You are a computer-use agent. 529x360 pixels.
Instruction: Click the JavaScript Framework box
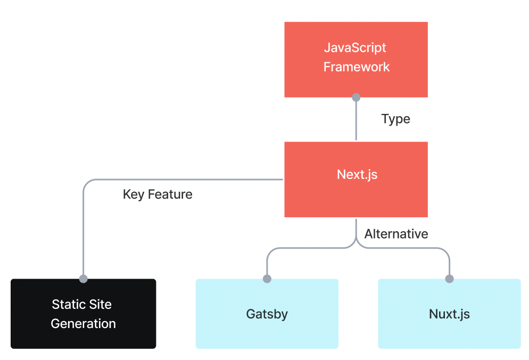pos(356,59)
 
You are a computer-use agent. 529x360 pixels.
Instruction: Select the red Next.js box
pos(356,179)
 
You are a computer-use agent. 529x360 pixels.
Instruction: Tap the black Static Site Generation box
pos(83,314)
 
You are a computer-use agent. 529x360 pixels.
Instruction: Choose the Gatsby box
pos(267,314)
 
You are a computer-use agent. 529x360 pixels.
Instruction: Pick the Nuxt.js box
pos(449,314)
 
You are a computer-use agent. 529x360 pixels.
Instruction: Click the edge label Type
pos(395,119)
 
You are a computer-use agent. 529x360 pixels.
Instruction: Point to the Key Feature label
pos(158,194)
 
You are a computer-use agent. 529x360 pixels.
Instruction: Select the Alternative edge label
pos(396,234)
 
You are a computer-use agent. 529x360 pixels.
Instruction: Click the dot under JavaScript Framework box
pos(356,97)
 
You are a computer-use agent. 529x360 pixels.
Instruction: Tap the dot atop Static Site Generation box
pos(83,279)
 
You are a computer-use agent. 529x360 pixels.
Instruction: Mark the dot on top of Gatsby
pos(267,279)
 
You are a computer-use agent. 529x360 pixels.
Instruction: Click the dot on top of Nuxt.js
pos(449,279)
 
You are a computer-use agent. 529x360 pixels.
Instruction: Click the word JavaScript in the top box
pos(356,47)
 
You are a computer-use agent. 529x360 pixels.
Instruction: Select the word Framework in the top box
pos(357,67)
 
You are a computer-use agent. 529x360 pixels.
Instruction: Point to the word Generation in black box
pos(83,323)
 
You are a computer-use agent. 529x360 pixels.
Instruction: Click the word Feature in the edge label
pos(170,194)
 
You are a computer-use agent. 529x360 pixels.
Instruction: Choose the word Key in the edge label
pos(134,194)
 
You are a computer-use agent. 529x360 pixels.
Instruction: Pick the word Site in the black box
pos(101,305)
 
